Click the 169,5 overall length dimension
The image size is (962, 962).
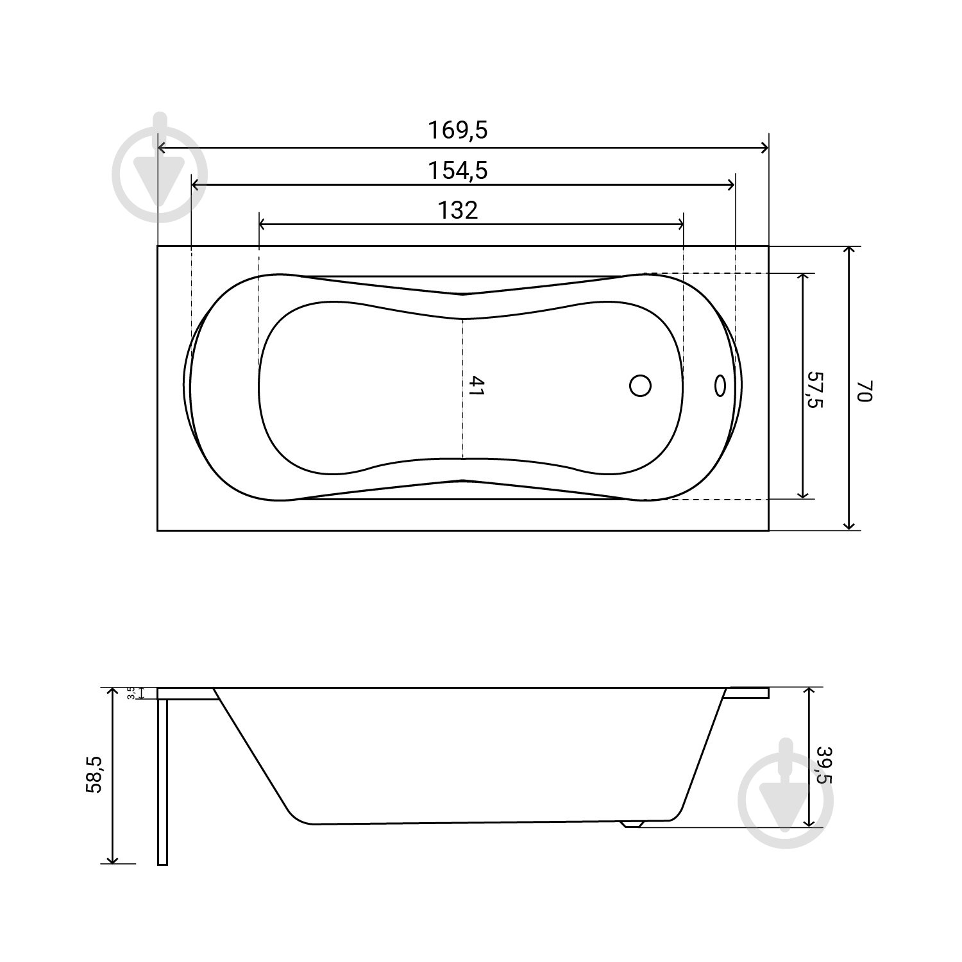(458, 130)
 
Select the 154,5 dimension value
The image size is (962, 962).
(458, 171)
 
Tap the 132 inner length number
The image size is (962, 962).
(458, 210)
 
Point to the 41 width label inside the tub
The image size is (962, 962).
(475, 385)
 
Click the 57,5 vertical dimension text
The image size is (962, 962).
(815, 389)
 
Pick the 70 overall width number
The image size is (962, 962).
(865, 390)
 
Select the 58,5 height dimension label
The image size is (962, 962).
(94, 774)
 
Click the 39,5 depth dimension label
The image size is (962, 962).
(823, 764)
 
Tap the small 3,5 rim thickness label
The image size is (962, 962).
(131, 693)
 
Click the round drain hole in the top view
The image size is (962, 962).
(640, 385)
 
